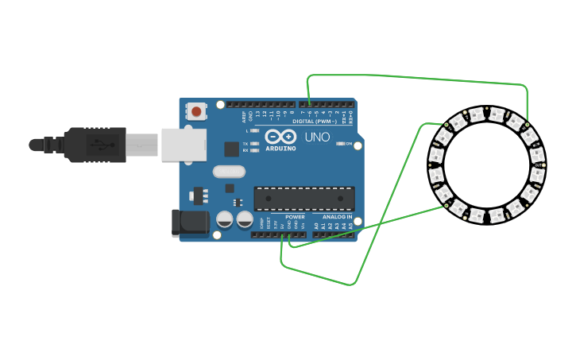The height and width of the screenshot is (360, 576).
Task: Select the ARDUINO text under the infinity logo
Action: [x=281, y=149]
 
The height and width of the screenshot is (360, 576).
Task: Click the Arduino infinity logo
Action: [x=280, y=137]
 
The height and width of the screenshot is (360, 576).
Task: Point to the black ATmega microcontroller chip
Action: [x=304, y=198]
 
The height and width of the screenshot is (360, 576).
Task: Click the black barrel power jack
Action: [x=190, y=223]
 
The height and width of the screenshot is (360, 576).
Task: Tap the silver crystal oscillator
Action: [x=229, y=171]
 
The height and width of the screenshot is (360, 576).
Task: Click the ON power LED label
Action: [x=348, y=144]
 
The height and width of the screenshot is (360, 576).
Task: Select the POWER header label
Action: [x=295, y=217]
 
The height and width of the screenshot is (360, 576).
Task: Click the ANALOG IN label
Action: [x=338, y=217]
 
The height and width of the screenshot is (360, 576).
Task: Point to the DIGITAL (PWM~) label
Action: [x=315, y=122]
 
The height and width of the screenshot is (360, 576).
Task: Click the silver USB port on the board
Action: [x=184, y=145]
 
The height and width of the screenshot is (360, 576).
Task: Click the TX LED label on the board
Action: [x=245, y=143]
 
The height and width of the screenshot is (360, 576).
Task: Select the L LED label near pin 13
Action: [x=247, y=130]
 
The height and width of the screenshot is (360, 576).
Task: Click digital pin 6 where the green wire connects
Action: [x=308, y=105]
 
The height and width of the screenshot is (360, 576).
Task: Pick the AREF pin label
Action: [x=244, y=116]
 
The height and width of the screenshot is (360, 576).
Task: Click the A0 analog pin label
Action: [x=315, y=226]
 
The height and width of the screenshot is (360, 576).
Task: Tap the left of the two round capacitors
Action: [x=225, y=219]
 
